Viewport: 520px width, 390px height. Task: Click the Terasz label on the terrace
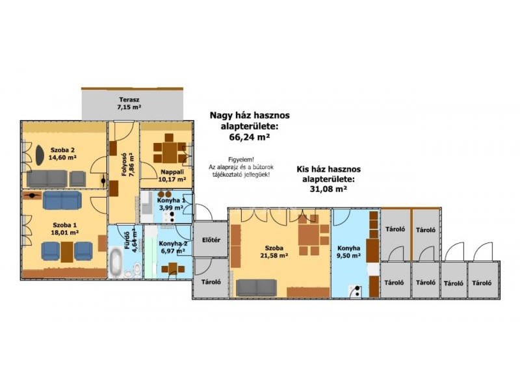point(129,99)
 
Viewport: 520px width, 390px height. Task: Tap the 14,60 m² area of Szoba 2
point(62,157)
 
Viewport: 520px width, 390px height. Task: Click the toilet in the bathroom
point(136,268)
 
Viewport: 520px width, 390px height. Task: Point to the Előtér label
point(211,240)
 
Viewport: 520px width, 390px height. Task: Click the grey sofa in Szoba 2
point(47,179)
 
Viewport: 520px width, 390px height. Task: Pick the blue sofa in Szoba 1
point(62,200)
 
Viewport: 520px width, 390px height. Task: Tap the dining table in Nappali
point(170,152)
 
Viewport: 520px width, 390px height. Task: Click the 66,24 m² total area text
point(250,137)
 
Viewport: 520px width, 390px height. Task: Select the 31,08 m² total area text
point(328,189)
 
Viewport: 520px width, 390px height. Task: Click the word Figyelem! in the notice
point(241,160)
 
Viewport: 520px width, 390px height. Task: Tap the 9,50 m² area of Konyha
point(349,255)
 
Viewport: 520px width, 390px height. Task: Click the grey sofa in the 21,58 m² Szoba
point(256,287)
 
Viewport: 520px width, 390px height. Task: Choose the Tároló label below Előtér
point(211,282)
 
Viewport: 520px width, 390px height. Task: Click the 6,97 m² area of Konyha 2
point(172,252)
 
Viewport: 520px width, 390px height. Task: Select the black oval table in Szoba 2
point(40,155)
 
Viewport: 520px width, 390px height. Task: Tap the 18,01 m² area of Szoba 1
point(64,233)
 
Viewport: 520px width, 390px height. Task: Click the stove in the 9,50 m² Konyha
point(354,291)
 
